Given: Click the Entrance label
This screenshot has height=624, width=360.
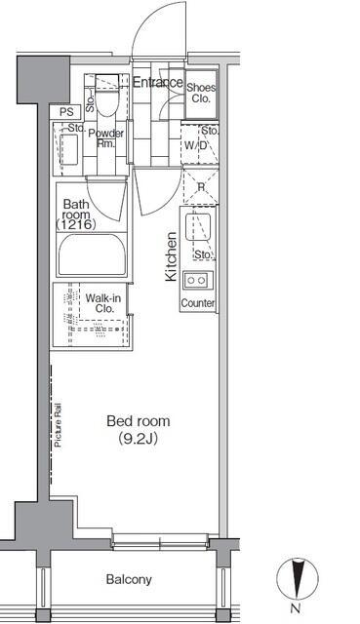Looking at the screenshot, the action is pyautogui.click(x=158, y=82).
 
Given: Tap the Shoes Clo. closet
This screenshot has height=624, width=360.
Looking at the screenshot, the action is pyautogui.click(x=202, y=94).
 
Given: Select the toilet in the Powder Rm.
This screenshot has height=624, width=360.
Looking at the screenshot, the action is pyautogui.click(x=107, y=96).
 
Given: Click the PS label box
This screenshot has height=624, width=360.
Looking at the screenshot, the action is pyautogui.click(x=65, y=112).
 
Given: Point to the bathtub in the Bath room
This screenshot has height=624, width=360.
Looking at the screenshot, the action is pyautogui.click(x=92, y=254).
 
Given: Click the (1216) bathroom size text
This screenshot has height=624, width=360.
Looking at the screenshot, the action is pyautogui.click(x=76, y=225).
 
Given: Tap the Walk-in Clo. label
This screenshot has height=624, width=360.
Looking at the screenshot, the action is pyautogui.click(x=103, y=303).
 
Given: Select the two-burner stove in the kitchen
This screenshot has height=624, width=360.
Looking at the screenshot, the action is pyautogui.click(x=198, y=280).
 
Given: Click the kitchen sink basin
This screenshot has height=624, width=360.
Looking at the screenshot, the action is pyautogui.click(x=198, y=227).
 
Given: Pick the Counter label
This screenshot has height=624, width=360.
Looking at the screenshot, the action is pyautogui.click(x=198, y=303).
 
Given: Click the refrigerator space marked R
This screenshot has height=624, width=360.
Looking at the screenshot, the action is pyautogui.click(x=201, y=186).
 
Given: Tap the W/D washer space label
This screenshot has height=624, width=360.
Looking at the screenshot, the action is pyautogui.click(x=196, y=145).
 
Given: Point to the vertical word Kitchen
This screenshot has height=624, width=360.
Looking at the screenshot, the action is pyautogui.click(x=172, y=256).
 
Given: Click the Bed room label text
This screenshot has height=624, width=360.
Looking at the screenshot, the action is pyautogui.click(x=139, y=421).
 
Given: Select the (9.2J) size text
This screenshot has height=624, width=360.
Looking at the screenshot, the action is pyautogui.click(x=139, y=439).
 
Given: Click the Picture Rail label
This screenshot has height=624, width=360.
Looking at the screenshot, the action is pyautogui.click(x=59, y=425).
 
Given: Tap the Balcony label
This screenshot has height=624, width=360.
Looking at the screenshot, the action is pyautogui.click(x=129, y=579).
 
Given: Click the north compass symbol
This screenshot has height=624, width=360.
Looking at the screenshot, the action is pyautogui.click(x=298, y=579).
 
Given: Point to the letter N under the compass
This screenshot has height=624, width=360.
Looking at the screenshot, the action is pyautogui.click(x=295, y=608).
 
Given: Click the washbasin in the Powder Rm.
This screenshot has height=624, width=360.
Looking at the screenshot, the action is pyautogui.click(x=69, y=149).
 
